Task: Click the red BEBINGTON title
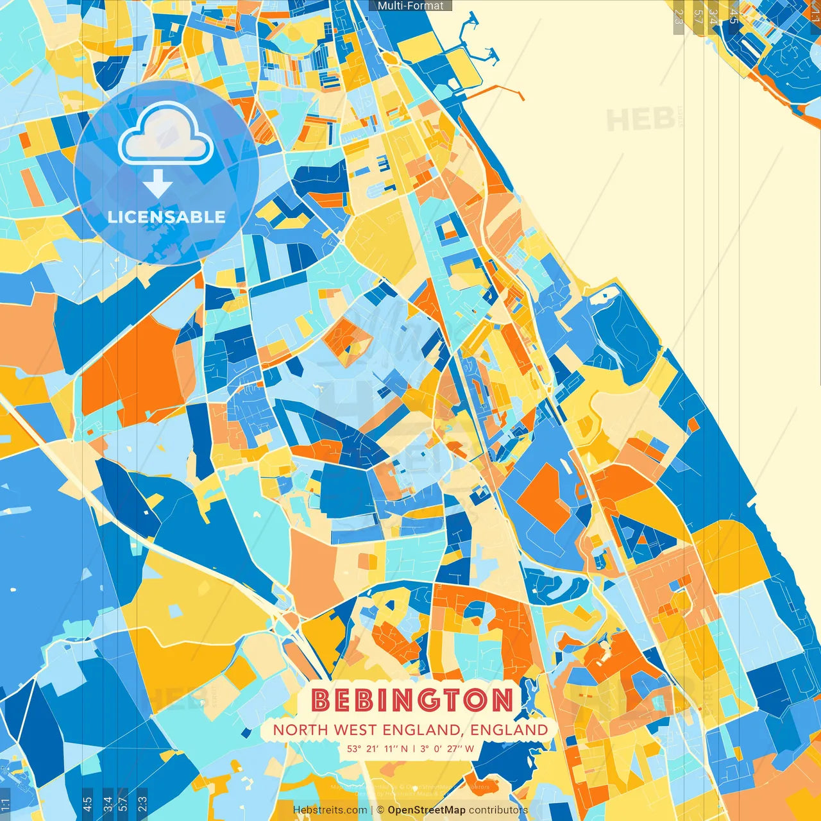tap(412, 700)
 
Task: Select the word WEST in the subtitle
tap(355, 730)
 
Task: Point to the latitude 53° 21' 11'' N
tap(377, 749)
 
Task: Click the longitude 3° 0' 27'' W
tap(447, 749)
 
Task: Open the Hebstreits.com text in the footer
tap(330, 810)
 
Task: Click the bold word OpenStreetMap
tap(427, 810)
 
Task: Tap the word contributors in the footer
tap(498, 810)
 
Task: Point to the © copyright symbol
tap(380, 810)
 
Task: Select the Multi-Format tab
tap(410, 6)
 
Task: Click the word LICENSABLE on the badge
tap(167, 217)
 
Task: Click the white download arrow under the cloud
tap(157, 184)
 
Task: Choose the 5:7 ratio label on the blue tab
tap(123, 802)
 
